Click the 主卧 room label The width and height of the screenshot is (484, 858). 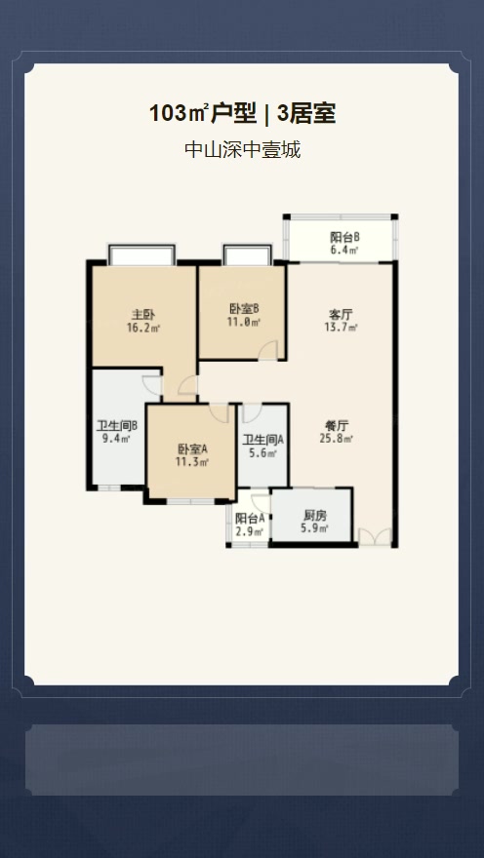tap(143, 315)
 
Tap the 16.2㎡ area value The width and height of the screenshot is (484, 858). tap(143, 329)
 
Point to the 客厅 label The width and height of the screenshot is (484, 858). tap(341, 315)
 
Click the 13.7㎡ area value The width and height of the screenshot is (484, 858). tap(341, 328)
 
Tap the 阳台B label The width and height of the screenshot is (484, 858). tap(344, 238)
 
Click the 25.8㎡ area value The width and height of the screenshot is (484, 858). tap(337, 439)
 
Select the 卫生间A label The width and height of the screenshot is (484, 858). tap(263, 440)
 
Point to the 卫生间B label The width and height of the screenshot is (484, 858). tap(117, 426)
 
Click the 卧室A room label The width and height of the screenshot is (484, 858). tap(192, 449)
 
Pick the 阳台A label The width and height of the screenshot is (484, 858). tap(250, 518)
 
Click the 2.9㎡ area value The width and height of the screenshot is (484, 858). tap(250, 531)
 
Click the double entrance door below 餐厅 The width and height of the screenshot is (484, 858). tap(375, 537)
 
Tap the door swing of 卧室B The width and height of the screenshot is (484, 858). tap(267, 350)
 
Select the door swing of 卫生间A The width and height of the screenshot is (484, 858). tap(253, 413)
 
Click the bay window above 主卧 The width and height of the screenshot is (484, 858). tap(141, 255)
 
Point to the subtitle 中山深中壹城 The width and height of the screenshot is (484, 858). tap(243, 149)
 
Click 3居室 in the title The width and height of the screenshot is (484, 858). tap(306, 114)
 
